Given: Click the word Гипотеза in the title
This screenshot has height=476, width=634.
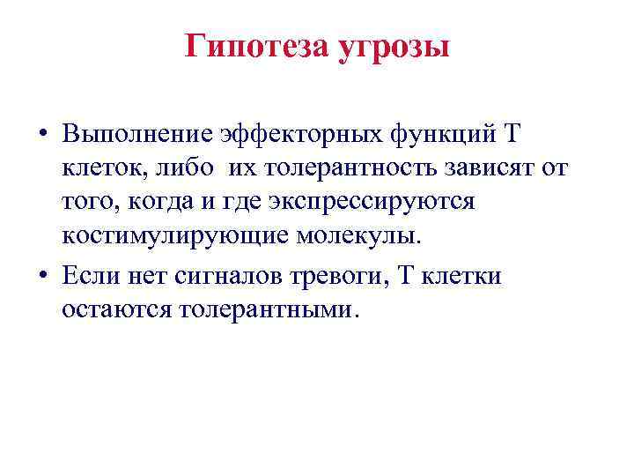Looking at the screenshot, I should (x=256, y=46).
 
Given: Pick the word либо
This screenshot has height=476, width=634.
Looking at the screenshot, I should (x=175, y=168).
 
